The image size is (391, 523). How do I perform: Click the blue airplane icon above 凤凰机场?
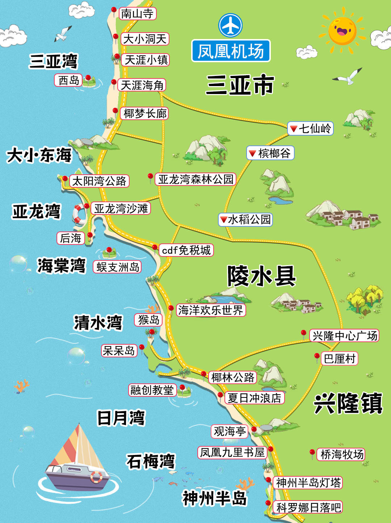click(x=230, y=25)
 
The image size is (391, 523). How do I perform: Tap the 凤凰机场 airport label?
click(x=231, y=51)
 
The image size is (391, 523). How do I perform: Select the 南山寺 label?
click(x=137, y=14)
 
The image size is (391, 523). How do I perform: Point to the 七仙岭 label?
click(x=310, y=128)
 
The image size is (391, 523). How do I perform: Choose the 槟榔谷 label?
click(x=270, y=153)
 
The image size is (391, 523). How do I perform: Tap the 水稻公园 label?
click(x=245, y=220)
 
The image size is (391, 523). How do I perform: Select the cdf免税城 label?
click(x=186, y=250)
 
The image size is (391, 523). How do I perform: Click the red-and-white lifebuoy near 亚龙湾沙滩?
click(x=79, y=214)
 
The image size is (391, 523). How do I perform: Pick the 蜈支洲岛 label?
click(x=117, y=267)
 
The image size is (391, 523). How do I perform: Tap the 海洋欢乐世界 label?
click(x=210, y=310)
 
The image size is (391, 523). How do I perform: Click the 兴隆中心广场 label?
click(x=344, y=336)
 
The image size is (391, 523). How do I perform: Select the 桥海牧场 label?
click(x=341, y=454)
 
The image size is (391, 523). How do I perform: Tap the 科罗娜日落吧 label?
click(x=308, y=507)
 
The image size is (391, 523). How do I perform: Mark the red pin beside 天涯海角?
click(x=114, y=82)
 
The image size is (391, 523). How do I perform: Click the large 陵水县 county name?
click(x=261, y=276)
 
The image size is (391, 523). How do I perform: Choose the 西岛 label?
click(x=69, y=80)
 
